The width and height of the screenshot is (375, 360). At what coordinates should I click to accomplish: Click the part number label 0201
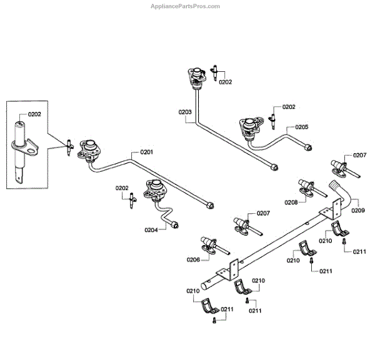pos(146,152)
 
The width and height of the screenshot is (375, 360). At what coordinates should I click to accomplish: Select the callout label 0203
pos(184,112)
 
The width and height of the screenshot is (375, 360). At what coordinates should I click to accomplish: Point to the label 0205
pos(302,127)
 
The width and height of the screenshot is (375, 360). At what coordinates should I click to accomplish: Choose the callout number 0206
pos(192,259)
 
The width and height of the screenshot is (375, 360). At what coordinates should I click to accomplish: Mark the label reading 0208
pos(291,202)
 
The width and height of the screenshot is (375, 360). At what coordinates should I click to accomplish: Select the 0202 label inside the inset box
pos(34,114)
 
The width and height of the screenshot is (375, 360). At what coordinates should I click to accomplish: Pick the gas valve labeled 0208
pos(306,186)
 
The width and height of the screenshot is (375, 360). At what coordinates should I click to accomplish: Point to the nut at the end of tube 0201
pos(209,205)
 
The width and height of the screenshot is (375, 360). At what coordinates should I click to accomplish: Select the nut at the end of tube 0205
pos(308,149)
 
